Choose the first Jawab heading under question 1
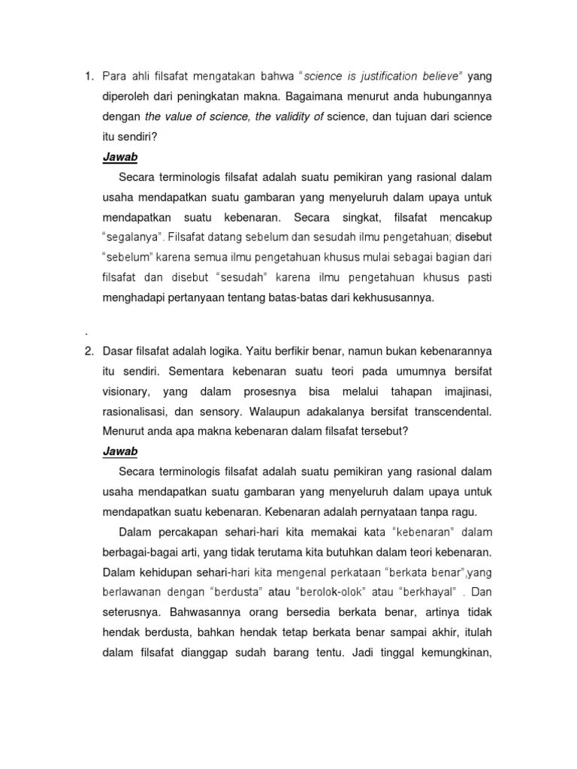tap(119, 157)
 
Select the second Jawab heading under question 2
tap(119, 452)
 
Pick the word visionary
tap(126, 391)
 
